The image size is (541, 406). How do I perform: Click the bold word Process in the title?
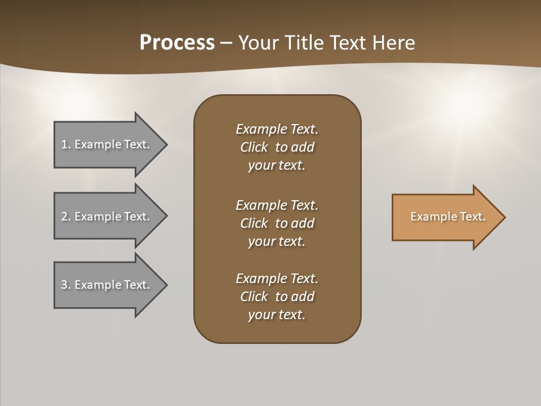[177, 43]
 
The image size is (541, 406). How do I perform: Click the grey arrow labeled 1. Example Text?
[107, 144]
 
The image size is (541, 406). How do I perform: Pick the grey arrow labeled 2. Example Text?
[107, 217]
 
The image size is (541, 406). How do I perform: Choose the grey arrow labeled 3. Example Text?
[107, 285]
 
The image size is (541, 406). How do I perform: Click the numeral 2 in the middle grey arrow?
[64, 217]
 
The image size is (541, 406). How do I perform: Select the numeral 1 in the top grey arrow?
[64, 144]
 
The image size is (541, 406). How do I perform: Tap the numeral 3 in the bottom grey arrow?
[64, 285]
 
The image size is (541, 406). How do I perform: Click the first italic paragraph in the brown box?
[277, 147]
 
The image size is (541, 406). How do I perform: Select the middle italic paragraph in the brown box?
[277, 223]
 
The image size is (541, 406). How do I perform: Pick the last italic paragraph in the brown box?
[277, 297]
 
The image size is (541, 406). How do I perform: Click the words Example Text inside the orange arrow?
[447, 217]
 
